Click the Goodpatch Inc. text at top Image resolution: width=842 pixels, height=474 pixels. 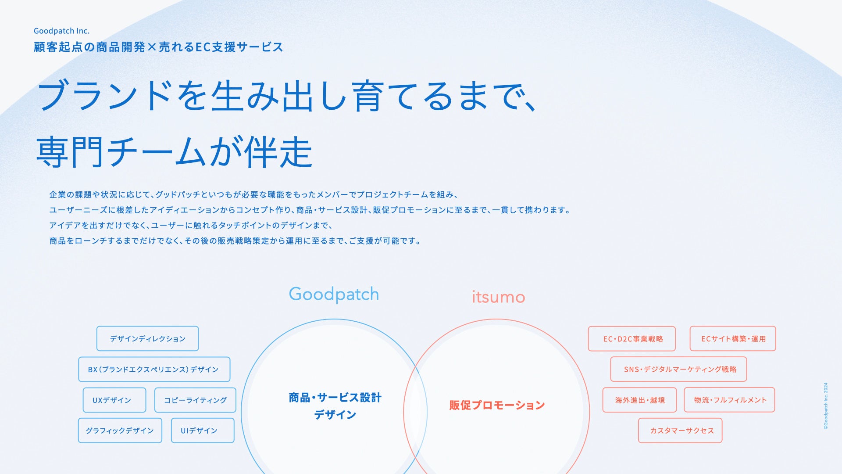click(61, 31)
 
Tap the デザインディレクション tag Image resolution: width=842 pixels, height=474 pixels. click(147, 338)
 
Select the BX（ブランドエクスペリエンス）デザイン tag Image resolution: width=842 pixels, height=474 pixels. click(154, 369)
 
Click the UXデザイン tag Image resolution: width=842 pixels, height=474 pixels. click(114, 400)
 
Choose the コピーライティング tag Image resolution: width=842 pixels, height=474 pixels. click(195, 400)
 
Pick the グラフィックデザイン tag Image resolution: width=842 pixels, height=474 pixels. click(120, 431)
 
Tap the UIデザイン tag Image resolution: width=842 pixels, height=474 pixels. click(202, 431)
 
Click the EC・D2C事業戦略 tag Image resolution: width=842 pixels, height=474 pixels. click(631, 338)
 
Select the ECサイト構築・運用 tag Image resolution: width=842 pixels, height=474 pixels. click(733, 338)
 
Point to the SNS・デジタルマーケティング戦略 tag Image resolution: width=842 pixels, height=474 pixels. click(678, 369)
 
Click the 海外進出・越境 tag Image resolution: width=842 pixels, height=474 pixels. click(639, 400)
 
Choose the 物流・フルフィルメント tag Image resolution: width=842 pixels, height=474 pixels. click(729, 400)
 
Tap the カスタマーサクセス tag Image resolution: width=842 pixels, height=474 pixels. click(680, 431)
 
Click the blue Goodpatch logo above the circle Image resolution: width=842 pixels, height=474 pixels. click(334, 294)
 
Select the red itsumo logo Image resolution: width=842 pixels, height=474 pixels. click(498, 297)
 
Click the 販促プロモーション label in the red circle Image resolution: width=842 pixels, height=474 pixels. click(497, 405)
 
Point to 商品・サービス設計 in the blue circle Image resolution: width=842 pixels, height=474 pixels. click(335, 398)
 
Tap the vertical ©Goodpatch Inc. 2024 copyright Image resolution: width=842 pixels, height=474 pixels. click(826, 406)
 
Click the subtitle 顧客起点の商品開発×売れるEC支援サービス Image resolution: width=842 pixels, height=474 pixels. click(158, 47)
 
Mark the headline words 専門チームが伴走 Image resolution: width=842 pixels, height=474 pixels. click(174, 152)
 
